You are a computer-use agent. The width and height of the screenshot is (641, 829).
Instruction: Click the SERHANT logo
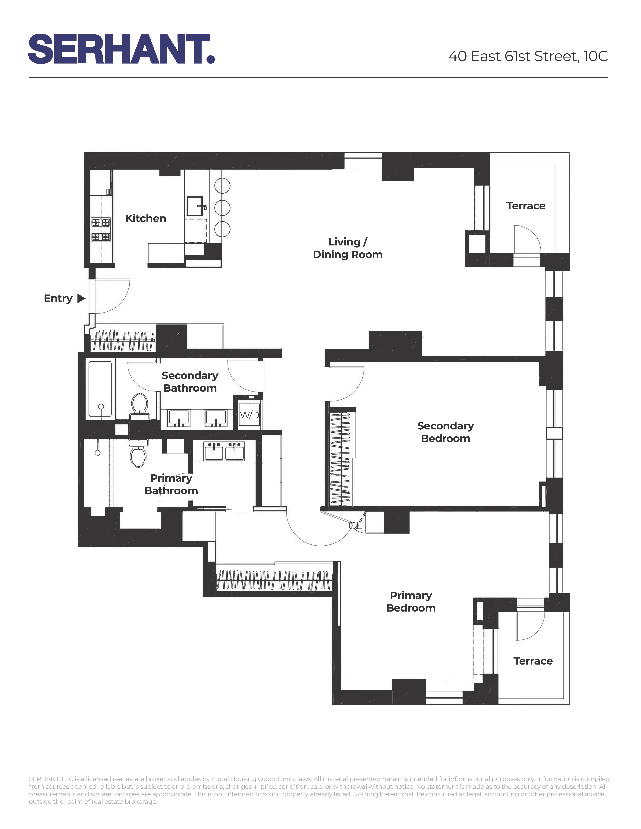(x=121, y=49)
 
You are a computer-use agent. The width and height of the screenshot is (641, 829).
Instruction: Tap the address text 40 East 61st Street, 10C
(x=528, y=56)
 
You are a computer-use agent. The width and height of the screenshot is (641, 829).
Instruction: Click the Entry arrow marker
(x=81, y=298)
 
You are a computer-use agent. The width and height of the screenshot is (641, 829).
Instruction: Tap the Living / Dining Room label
(x=347, y=248)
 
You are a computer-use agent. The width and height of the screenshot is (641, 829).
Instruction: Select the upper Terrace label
(x=526, y=206)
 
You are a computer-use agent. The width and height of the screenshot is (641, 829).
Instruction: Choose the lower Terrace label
(x=533, y=661)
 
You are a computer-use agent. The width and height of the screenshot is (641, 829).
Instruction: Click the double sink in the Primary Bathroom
(x=224, y=451)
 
